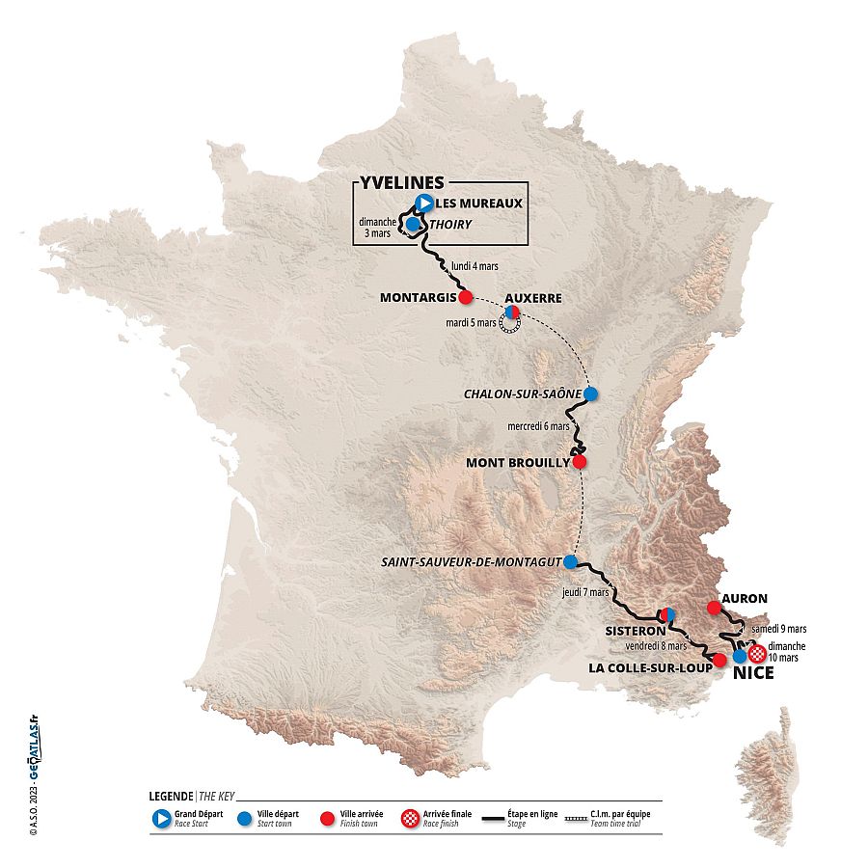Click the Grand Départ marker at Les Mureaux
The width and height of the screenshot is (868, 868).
pos(424,203)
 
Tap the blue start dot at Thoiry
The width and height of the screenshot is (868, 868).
pos(413,224)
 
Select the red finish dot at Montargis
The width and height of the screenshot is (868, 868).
pos(466,297)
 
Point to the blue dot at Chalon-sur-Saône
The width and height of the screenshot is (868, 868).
pos(591,393)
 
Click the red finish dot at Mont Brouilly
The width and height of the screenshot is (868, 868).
pos(580,462)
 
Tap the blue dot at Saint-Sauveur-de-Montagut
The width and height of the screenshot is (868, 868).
pos(570,561)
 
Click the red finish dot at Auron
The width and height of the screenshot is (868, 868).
pos(714,608)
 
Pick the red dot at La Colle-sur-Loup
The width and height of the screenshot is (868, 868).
pos(719,660)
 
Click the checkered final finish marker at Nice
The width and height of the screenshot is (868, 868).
pos(757,652)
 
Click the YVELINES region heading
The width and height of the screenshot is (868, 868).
pos(402,182)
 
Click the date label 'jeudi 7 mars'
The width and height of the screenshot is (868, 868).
pos(585,591)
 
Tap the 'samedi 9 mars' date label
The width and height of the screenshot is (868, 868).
pos(777,627)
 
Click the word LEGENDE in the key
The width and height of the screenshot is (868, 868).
pos(171,797)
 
